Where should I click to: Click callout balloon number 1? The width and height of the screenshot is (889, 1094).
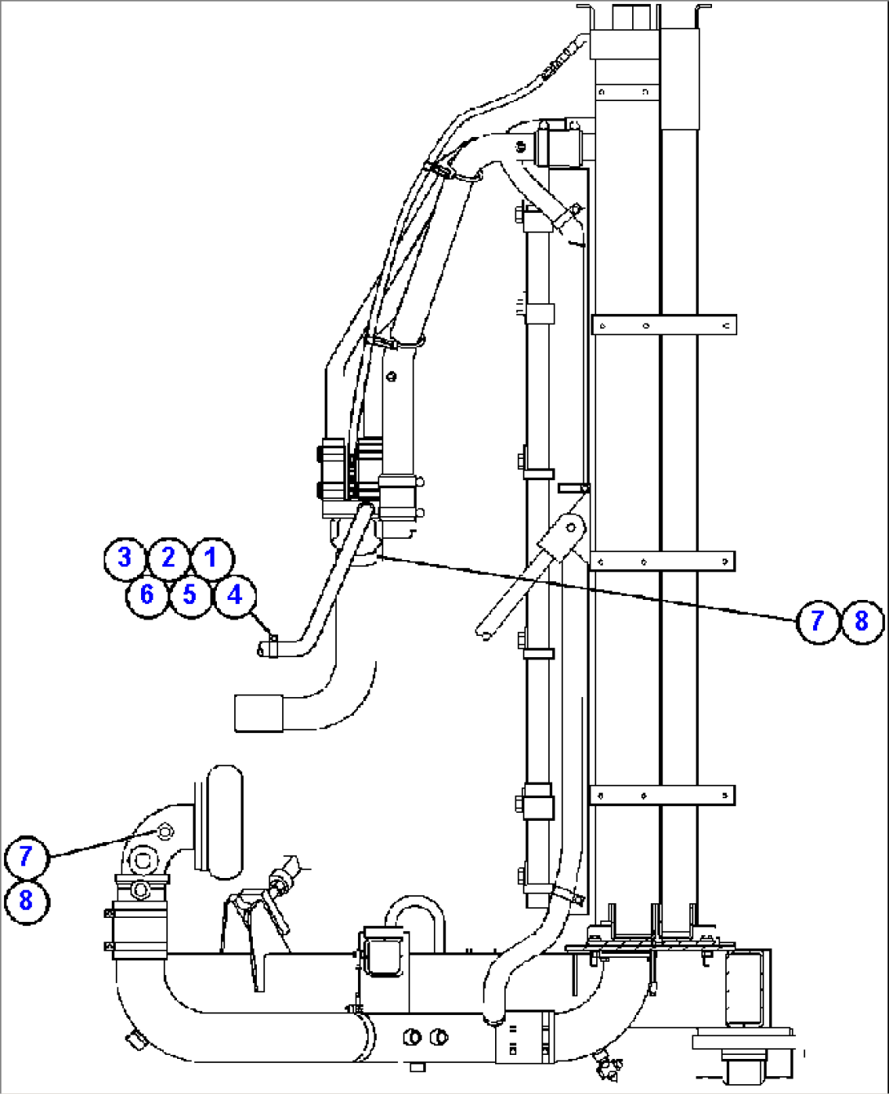211,558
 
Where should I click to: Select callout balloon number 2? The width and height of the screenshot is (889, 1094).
168,558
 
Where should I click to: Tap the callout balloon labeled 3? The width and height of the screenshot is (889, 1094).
125,558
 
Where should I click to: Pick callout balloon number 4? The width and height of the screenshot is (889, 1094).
235,595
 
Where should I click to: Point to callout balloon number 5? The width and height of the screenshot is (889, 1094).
190,595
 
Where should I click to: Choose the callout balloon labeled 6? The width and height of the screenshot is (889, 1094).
147,595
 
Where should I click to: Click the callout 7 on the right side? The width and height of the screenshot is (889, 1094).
816,621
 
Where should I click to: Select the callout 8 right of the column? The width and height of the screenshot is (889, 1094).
861,621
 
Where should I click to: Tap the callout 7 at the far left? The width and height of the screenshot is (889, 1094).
26,856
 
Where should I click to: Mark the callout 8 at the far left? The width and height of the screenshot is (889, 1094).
26,901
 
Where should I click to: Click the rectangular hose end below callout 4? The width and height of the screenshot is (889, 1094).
259,712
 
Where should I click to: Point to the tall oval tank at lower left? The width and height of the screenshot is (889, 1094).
225,822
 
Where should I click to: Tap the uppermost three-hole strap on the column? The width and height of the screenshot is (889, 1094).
664,324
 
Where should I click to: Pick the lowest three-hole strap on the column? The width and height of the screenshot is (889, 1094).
662,794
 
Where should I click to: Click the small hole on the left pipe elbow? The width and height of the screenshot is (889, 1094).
165,831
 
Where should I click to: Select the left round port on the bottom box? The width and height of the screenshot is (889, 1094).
412,1036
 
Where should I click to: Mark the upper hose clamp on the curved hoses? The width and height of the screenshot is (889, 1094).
439,170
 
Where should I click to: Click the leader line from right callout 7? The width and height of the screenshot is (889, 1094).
587,588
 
